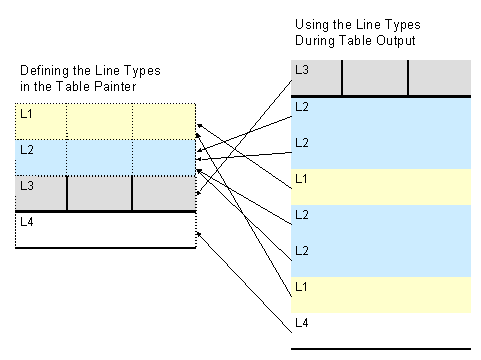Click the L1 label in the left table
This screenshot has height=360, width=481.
(x=26, y=115)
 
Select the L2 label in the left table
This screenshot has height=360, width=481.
(x=26, y=150)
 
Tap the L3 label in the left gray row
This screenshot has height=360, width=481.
(x=26, y=185)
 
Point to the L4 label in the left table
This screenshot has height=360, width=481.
(x=26, y=222)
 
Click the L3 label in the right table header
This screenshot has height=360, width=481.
(x=300, y=69)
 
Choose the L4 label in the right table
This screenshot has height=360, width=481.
(x=300, y=322)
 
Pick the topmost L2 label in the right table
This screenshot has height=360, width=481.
(x=300, y=106)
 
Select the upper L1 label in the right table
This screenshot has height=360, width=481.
(x=300, y=178)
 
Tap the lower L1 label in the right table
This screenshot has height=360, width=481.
(x=300, y=286)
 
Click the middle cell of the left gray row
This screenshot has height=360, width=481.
(x=100, y=192)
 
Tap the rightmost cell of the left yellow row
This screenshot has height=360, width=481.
(x=164, y=121)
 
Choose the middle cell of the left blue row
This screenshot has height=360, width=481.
(x=100, y=157)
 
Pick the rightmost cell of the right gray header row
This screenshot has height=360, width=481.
(x=439, y=78)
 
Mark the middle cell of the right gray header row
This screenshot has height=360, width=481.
(x=375, y=78)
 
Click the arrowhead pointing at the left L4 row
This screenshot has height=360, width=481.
(x=200, y=234)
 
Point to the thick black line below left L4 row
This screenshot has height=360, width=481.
(x=105, y=247)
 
